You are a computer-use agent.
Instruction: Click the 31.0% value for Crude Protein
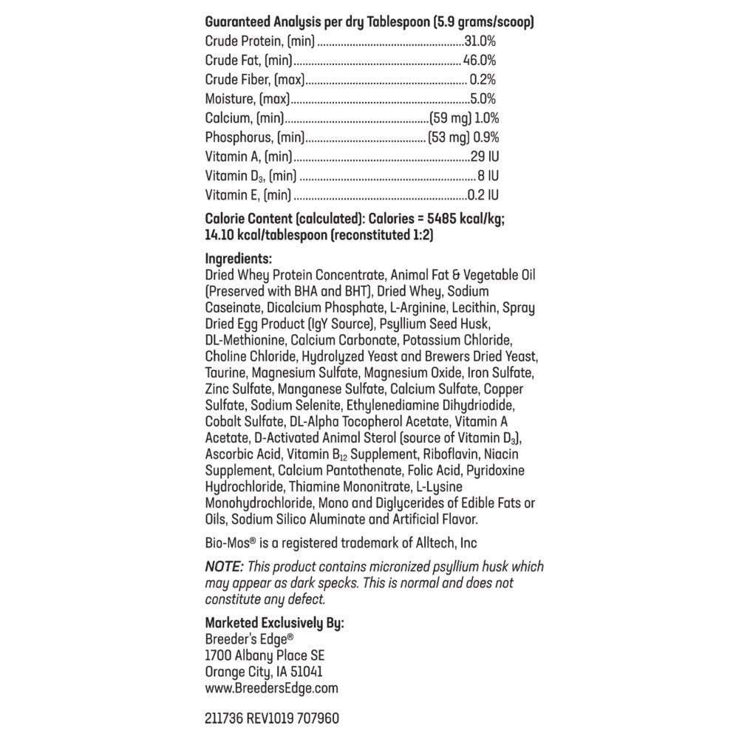(x=480, y=41)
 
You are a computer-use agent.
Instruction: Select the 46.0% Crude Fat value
(x=480, y=61)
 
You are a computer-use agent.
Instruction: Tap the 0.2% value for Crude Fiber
(x=483, y=80)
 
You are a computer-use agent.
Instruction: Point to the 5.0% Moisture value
(x=483, y=99)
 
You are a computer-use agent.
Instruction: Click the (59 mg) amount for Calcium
(x=450, y=118)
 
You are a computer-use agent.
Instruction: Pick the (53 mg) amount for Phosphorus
(x=449, y=137)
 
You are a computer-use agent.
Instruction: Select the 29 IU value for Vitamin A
(x=485, y=157)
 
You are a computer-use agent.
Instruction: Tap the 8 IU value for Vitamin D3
(x=488, y=176)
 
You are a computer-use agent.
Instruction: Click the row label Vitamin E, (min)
(x=248, y=195)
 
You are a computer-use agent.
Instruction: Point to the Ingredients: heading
(x=239, y=259)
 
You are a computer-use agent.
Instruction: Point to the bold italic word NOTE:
(x=224, y=567)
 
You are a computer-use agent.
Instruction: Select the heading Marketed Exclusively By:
(x=274, y=623)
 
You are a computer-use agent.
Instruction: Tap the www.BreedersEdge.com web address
(x=271, y=688)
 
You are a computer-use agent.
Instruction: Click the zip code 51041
(x=305, y=672)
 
